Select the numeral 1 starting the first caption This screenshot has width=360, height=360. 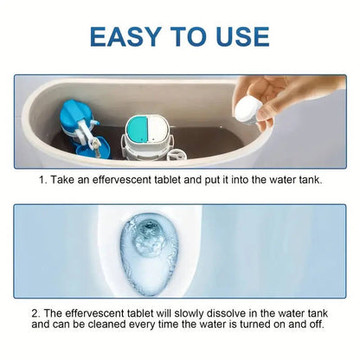coord(41,180)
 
